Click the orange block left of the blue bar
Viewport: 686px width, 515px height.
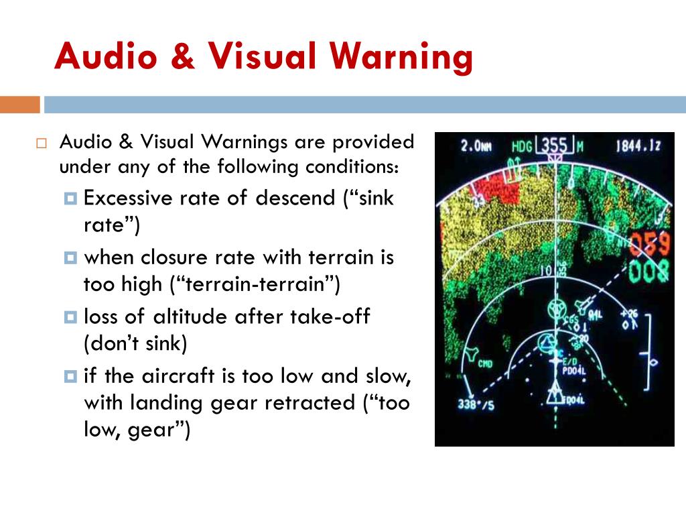coord(19,105)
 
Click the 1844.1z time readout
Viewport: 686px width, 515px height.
coord(638,146)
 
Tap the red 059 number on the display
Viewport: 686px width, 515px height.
coord(649,246)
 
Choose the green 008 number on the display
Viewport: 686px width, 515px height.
coord(649,272)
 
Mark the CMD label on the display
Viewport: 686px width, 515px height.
coord(485,365)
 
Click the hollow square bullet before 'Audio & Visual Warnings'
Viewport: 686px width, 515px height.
coord(41,144)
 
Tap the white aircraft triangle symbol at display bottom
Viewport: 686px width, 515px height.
coord(554,396)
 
